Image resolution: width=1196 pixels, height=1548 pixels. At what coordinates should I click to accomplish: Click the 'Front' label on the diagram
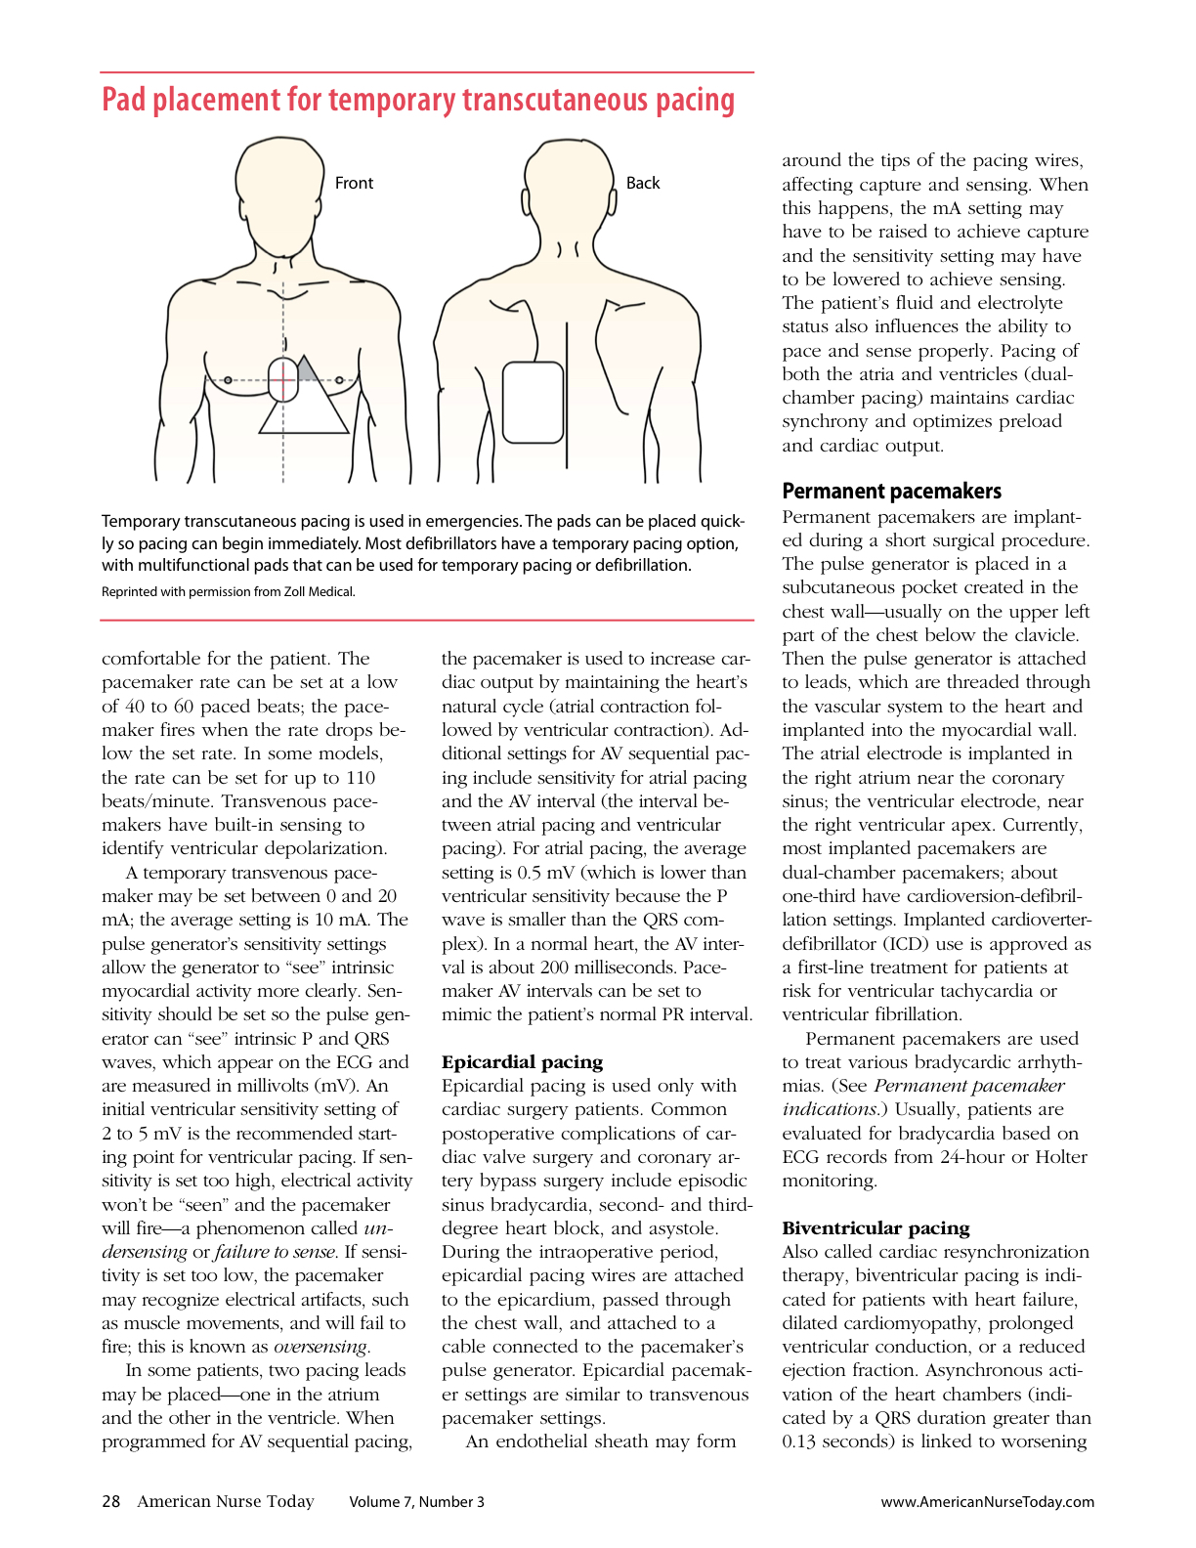(354, 183)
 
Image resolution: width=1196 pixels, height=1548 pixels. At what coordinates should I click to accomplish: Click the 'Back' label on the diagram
(643, 183)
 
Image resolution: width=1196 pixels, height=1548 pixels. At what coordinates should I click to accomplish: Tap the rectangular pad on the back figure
(533, 403)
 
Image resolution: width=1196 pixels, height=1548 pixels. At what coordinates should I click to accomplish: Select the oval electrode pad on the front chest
(282, 379)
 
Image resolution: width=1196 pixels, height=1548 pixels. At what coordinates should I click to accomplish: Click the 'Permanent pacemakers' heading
(891, 491)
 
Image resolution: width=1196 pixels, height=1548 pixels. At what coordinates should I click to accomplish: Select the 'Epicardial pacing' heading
(522, 1062)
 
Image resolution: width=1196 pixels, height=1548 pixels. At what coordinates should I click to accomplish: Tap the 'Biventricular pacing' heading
(876, 1228)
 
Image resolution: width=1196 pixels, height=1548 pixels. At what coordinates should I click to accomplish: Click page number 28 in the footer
(111, 1501)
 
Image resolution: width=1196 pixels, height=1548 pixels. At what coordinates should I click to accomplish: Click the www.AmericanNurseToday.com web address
(987, 1502)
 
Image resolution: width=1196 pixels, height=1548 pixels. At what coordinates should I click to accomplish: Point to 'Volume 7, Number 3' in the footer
(416, 1502)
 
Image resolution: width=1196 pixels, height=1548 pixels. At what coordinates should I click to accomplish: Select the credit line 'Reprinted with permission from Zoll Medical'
(229, 591)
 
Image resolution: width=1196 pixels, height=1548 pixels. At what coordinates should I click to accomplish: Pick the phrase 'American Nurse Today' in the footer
(226, 1501)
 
